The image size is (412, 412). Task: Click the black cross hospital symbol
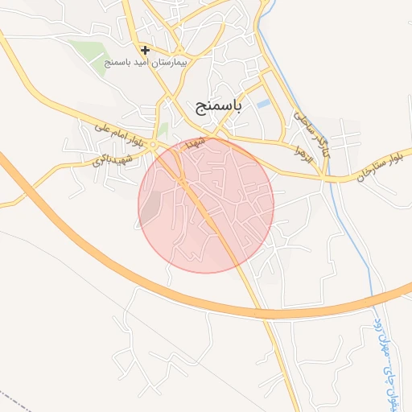(145, 50)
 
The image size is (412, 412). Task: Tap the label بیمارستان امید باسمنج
(146, 62)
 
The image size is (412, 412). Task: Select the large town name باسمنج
(219, 105)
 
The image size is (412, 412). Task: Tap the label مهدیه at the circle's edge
(196, 142)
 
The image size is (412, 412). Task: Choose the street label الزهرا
(302, 153)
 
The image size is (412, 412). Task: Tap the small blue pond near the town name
(263, 104)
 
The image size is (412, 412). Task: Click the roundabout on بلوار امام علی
(153, 144)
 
